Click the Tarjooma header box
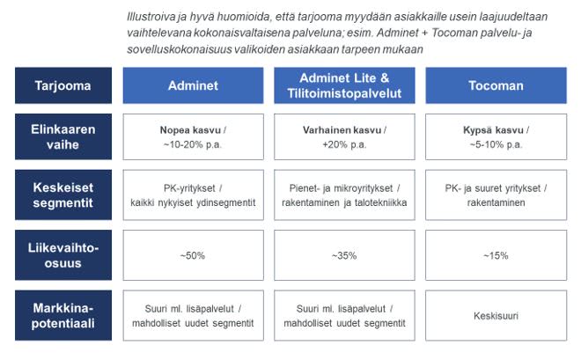pyautogui.click(x=62, y=85)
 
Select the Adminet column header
pyautogui.click(x=193, y=85)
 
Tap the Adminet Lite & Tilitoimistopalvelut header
pyautogui.click(x=344, y=84)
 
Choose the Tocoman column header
pyautogui.click(x=496, y=85)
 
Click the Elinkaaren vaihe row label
pyautogui.click(x=62, y=136)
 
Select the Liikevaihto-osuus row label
pyautogui.click(x=62, y=255)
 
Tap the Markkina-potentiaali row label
pyautogui.click(x=62, y=315)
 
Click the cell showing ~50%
pyautogui.click(x=193, y=255)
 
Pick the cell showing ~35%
pyautogui.click(x=344, y=255)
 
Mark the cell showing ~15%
pyautogui.click(x=496, y=255)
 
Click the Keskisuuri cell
pyautogui.click(x=496, y=315)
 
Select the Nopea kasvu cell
pyautogui.click(x=193, y=136)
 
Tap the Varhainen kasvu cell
pyautogui.click(x=344, y=136)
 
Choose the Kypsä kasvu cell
pyautogui.click(x=496, y=136)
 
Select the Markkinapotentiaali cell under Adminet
pyautogui.click(x=193, y=315)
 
